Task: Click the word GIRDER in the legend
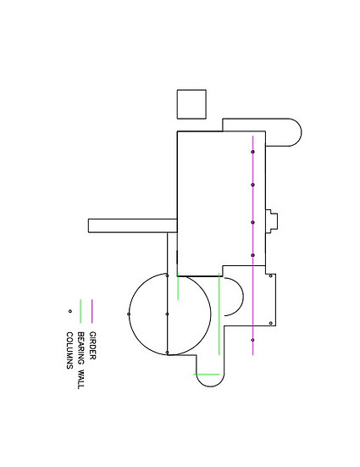(92, 346)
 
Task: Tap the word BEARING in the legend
(80, 347)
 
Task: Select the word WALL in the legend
(80, 379)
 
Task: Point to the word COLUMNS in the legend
(69, 351)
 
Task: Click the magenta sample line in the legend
(92, 311)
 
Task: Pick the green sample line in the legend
(80, 311)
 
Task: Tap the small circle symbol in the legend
(70, 311)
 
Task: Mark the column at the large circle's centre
(167, 314)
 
